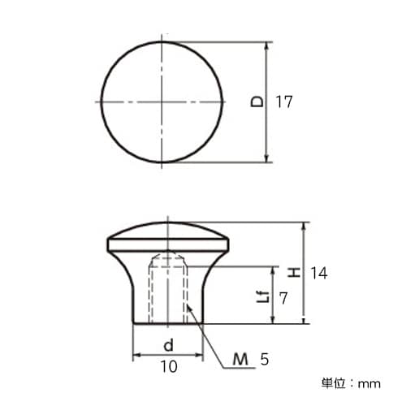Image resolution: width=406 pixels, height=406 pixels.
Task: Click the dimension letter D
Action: pos(257,102)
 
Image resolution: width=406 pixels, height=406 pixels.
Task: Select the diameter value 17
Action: pos(283,102)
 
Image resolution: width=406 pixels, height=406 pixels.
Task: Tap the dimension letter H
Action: pos(292,273)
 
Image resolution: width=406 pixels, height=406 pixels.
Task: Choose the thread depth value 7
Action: pos(283,298)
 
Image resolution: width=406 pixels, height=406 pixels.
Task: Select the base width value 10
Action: pos(168,367)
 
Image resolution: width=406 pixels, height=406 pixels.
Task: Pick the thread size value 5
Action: pos(264,358)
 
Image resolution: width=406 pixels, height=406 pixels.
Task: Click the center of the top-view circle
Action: pos(162,102)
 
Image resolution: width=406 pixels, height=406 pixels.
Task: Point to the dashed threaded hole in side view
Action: pos(168,288)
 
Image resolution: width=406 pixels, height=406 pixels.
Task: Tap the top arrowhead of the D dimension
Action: pos(267,46)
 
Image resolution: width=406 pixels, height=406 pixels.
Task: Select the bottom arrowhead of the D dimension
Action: pos(267,158)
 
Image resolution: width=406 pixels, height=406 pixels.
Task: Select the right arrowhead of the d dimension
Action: pos(199,355)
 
